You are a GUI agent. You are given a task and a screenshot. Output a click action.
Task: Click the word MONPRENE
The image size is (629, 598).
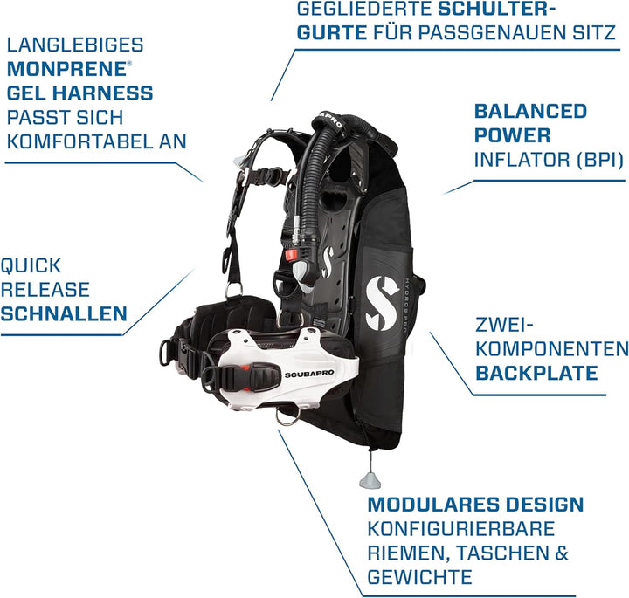pos(66,69)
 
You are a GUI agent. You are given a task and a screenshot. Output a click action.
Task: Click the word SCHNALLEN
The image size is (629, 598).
pos(64,313)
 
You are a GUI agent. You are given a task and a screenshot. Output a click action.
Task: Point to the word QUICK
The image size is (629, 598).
pos(31,265)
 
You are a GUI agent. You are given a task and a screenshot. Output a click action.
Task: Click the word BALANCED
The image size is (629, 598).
pos(530,111)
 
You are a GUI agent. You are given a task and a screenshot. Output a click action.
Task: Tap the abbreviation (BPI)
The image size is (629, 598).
pos(600,160)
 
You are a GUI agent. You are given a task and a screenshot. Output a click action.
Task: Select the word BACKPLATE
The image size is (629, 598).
pos(536,373)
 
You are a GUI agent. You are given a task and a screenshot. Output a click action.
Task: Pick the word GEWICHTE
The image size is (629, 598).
pos(419,577)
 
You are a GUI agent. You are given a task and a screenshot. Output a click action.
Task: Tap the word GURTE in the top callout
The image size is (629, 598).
pos(332,32)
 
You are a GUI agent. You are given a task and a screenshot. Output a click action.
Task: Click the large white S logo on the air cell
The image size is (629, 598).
pos(382,303)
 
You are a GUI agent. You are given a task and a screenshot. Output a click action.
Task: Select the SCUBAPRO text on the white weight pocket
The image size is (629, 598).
pos(309,374)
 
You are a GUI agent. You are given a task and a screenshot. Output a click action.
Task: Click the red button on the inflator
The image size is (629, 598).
pos(291,255)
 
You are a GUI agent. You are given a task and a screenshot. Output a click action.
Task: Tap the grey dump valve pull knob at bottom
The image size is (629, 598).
pos(370,480)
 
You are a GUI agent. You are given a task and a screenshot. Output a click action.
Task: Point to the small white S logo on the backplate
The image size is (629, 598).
pos(328,262)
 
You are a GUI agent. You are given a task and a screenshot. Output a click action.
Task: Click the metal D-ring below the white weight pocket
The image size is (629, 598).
pos(287,418)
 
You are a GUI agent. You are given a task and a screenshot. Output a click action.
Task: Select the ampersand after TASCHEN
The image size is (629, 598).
pos(563,553)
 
